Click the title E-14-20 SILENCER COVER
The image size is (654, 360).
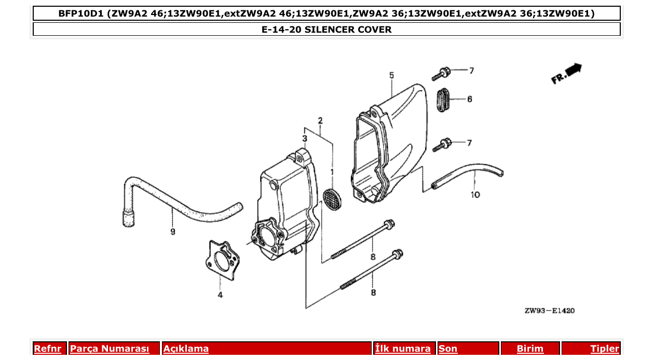[x=326, y=30]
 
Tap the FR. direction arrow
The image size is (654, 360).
[x=567, y=73]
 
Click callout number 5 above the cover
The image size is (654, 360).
[x=391, y=76]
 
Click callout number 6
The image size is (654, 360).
[x=469, y=99]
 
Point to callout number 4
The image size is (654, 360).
[x=220, y=295]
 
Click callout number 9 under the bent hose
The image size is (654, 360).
[x=173, y=232]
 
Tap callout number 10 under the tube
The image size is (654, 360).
[x=475, y=195]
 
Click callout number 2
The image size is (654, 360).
[x=320, y=121]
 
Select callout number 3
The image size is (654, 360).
[x=305, y=138]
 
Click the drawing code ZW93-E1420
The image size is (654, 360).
[x=549, y=311]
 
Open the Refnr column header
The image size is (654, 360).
[x=47, y=349]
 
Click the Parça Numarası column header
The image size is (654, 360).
[x=110, y=349]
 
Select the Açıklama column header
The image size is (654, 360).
[x=186, y=349]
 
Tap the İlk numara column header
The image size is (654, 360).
[x=403, y=349]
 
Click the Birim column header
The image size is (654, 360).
[x=530, y=349]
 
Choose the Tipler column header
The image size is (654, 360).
[x=604, y=349]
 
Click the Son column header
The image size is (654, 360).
[x=448, y=349]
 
